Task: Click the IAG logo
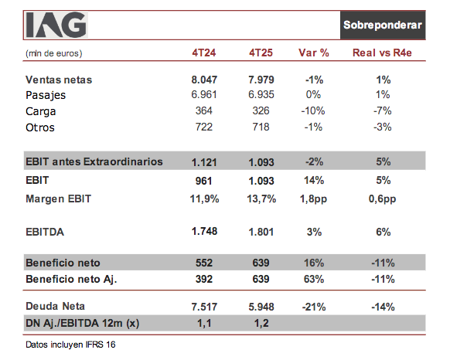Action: coord(56,25)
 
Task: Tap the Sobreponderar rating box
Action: coord(383,25)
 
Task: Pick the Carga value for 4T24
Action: coord(205,110)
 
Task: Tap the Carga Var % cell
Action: coord(314,110)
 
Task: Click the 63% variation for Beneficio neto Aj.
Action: coord(314,278)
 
